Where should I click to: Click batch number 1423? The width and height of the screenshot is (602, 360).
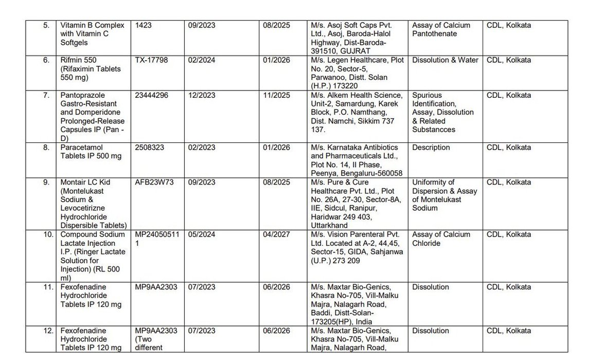[144, 25]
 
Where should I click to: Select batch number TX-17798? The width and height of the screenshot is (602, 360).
[151, 60]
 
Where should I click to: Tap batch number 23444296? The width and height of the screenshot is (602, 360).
[152, 95]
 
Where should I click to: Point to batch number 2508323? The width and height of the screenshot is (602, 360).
[150, 148]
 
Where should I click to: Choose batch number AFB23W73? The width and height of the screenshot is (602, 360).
[153, 183]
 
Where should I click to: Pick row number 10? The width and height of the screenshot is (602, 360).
[48, 235]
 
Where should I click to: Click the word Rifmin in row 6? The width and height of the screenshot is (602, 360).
[73, 60]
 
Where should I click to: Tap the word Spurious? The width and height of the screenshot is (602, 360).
[427, 95]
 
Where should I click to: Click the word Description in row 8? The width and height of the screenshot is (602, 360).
[431, 148]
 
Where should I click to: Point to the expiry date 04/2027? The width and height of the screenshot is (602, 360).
[276, 235]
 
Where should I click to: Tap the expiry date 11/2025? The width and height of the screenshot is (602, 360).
[276, 95]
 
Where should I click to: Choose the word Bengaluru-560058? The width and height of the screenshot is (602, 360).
[371, 173]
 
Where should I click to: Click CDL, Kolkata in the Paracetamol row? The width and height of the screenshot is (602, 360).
[509, 148]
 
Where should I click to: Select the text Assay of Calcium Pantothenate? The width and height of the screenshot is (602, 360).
[441, 29]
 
